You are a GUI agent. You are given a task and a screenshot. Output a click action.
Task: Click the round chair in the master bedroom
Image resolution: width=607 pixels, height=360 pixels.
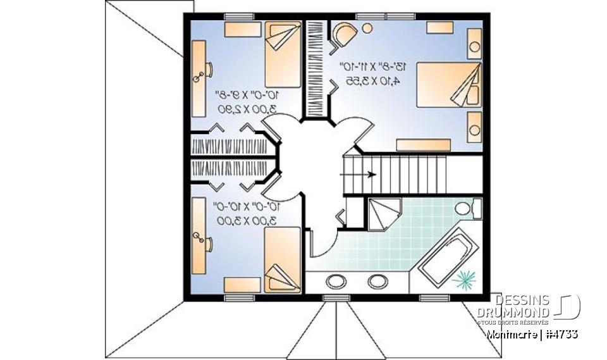pos(343,33)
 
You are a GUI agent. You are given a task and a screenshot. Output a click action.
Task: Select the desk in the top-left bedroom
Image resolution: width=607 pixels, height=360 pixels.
pos(199,78)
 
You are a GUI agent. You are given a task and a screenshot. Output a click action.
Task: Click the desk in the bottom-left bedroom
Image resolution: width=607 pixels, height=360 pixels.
pos(199,233)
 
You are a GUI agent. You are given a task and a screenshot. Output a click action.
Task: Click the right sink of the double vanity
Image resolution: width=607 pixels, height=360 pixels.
pos(377,281)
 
